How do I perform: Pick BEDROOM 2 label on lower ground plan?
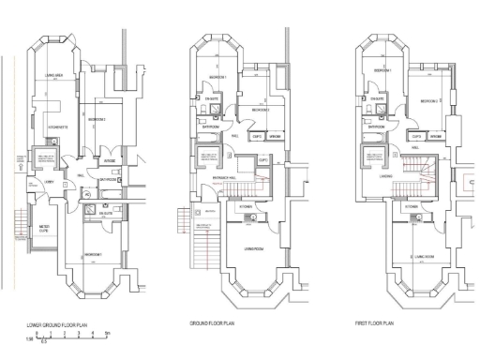tap(97, 120)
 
